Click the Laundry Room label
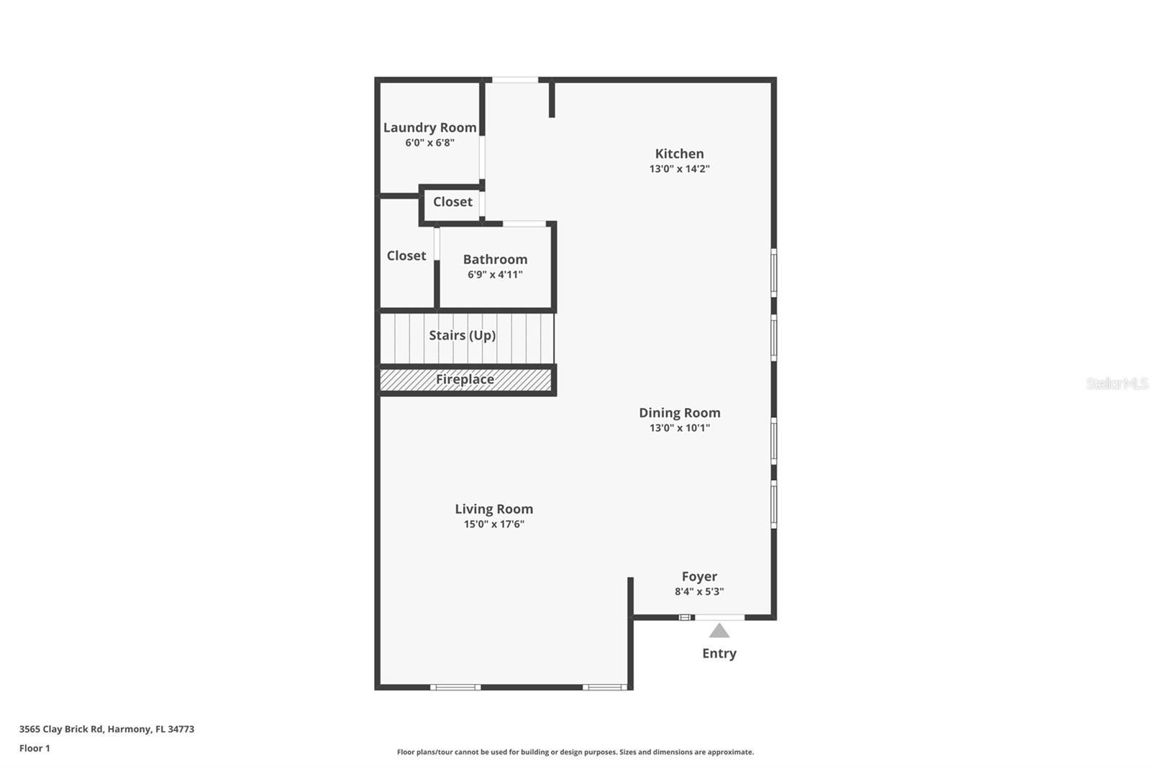coord(429,127)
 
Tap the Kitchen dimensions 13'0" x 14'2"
coord(679,169)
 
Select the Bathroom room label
coord(495,259)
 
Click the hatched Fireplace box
coord(465,380)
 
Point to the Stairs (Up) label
coord(462,335)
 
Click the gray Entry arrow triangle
coord(719,631)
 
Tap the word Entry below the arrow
coord(719,653)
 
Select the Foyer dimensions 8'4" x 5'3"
coord(699,592)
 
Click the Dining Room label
coord(679,412)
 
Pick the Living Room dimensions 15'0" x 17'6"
coord(493,525)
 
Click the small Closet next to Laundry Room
coord(452,202)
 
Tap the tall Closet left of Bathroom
coord(406,255)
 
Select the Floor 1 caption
coord(35,748)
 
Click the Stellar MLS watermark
coord(1116,383)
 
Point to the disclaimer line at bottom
coord(575,752)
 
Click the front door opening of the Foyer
coord(719,617)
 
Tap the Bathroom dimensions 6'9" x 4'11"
coord(495,275)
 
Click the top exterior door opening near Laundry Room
coord(515,80)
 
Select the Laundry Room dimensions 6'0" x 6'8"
coord(429,143)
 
